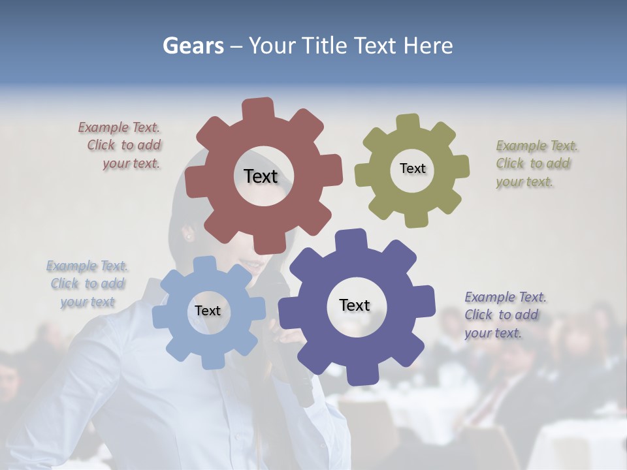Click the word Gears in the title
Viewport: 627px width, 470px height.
[x=193, y=46]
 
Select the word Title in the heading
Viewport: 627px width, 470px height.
[x=325, y=46]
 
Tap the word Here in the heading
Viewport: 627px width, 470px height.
[x=428, y=46]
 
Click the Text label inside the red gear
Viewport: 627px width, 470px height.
[x=261, y=176]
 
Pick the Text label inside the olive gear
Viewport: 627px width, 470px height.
[x=412, y=168]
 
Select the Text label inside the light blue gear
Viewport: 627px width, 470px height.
[x=208, y=311]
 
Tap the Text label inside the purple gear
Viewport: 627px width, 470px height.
[x=355, y=305]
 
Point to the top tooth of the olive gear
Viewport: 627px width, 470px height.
[x=408, y=123]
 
